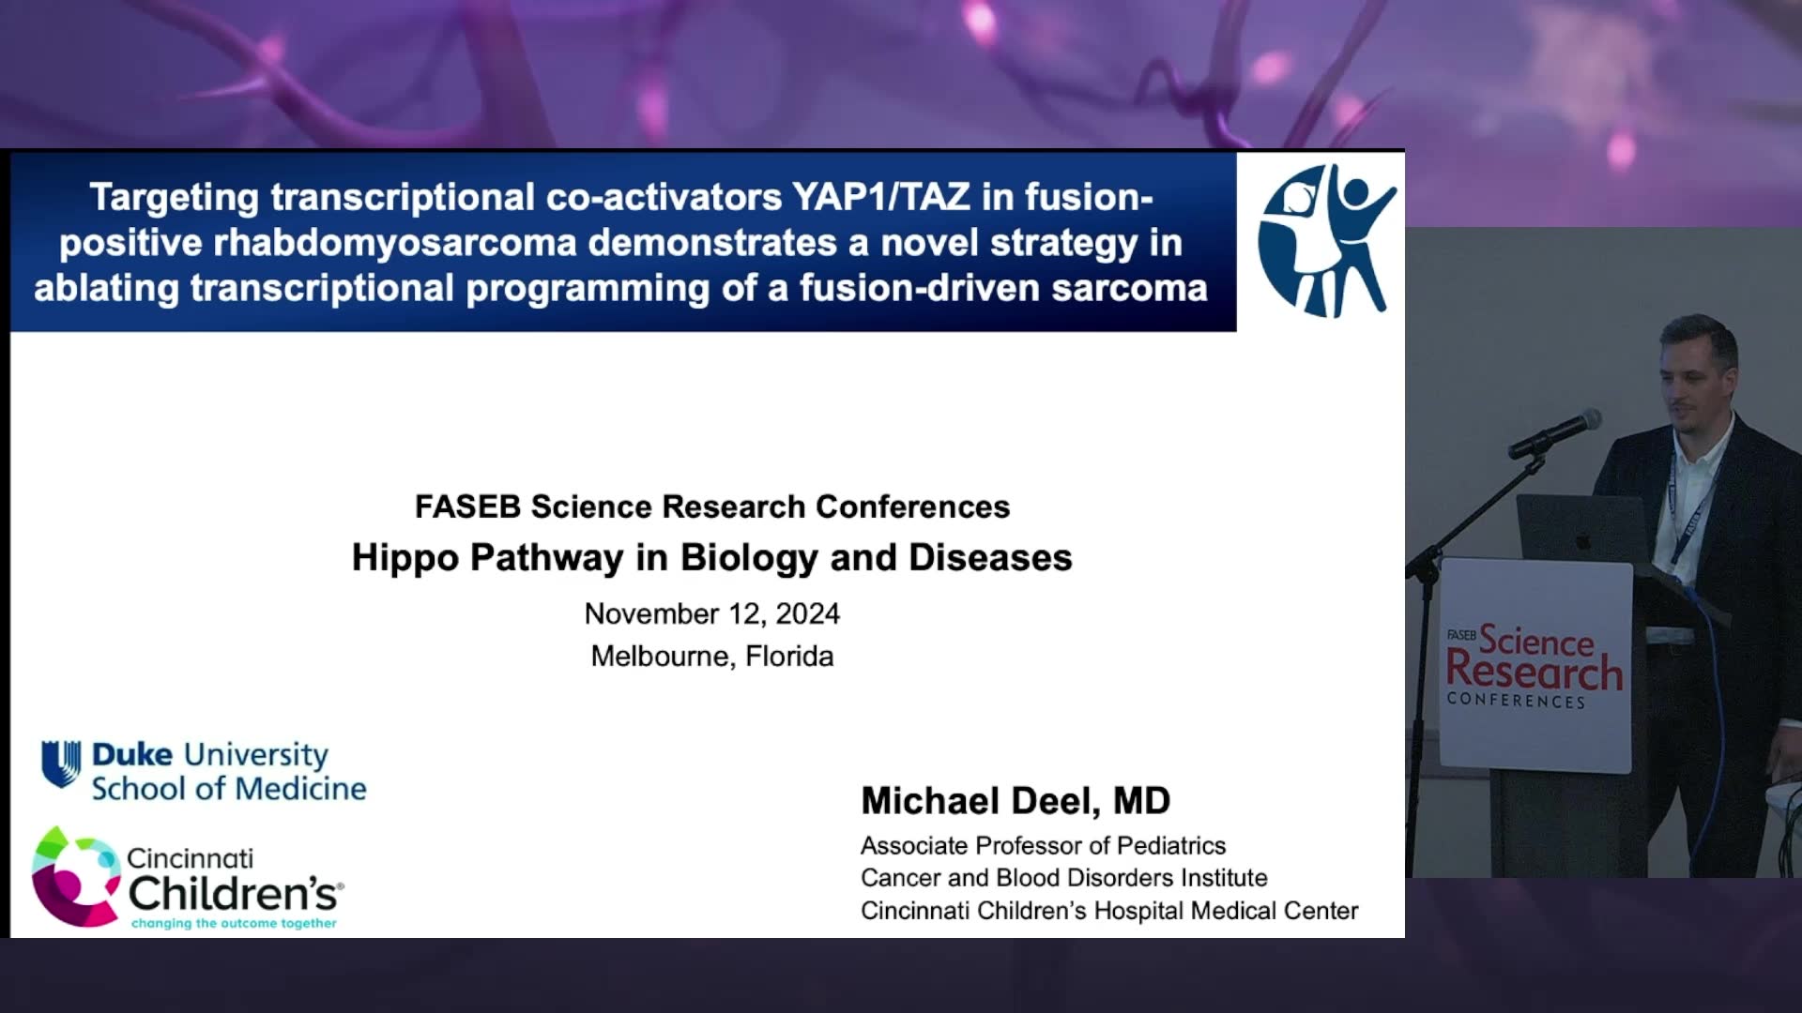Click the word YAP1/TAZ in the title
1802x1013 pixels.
pos(881,197)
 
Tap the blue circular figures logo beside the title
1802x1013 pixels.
pos(1326,240)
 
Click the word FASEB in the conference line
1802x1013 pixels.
pos(467,506)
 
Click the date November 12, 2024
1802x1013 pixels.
pos(712,613)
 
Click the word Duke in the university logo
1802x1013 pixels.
pos(132,755)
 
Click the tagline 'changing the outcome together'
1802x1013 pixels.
pos(234,924)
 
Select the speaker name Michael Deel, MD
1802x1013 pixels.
pos(1016,801)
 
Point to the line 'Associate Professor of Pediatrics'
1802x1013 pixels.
pos(1043,846)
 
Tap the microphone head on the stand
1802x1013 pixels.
pos(1586,421)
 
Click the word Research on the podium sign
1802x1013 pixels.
pos(1535,671)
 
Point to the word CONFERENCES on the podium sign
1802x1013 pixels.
pos(1516,701)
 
